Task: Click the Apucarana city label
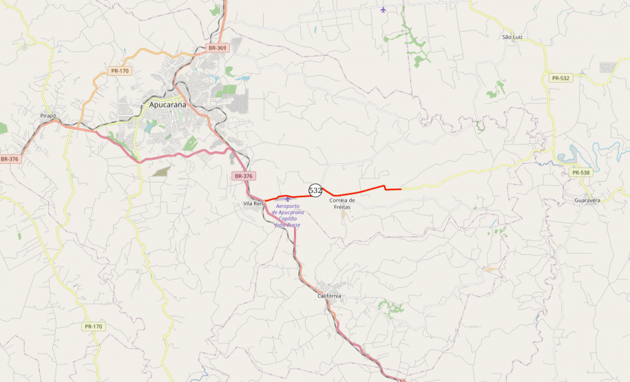pos(168,105)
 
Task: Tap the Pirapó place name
pos(48,117)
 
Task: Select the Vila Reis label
pos(253,204)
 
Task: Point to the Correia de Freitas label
pos(342,203)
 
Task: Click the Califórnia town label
pos(329,296)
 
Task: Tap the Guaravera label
pos(587,200)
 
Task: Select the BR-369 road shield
pos(217,48)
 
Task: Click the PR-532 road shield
pos(560,78)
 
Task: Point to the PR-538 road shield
pos(581,172)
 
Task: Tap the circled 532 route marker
pos(315,190)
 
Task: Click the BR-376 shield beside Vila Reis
pos(243,176)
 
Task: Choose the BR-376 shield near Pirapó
pos(10,159)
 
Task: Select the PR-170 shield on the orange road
pos(119,71)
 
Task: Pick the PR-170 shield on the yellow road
pos(93,326)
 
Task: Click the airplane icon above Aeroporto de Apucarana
pos(288,199)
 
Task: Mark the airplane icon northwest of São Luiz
pos(384,10)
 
